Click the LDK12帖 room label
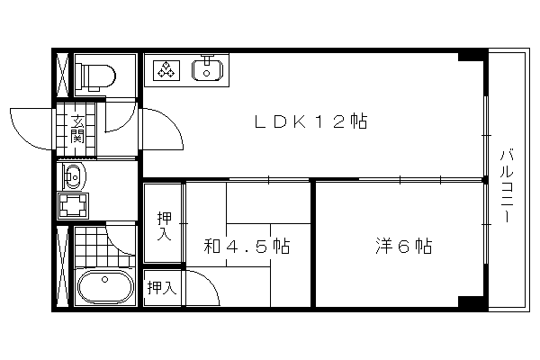tap(311, 121)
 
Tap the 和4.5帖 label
tap(247, 246)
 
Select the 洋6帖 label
tap(403, 246)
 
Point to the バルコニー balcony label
tap(507, 185)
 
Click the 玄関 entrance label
tap(77, 130)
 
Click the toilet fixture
tap(95, 76)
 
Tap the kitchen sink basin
tap(207, 70)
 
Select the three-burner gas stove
tap(166, 70)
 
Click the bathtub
tap(105, 286)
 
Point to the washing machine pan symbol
tap(73, 206)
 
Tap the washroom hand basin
tap(74, 176)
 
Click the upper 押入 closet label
tap(164, 225)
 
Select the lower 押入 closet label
tap(161, 287)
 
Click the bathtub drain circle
tap(104, 279)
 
